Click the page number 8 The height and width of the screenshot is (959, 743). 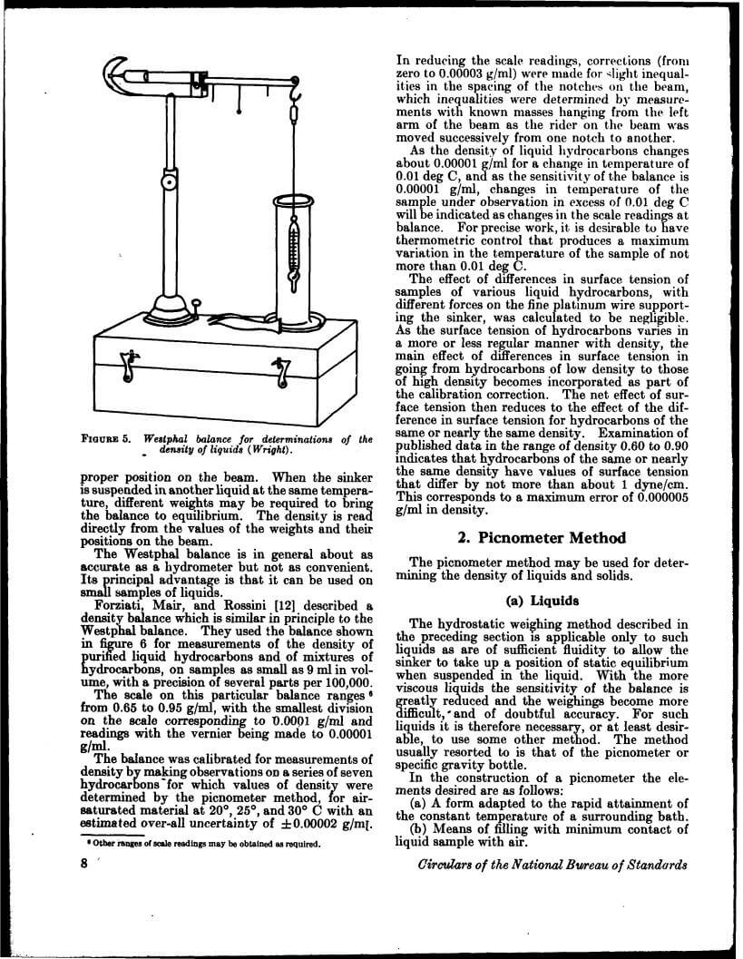point(83,863)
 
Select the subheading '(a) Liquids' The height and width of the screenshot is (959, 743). point(542,600)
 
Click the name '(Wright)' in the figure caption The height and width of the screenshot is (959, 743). point(271,451)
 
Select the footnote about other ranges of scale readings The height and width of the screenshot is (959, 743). point(200,844)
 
